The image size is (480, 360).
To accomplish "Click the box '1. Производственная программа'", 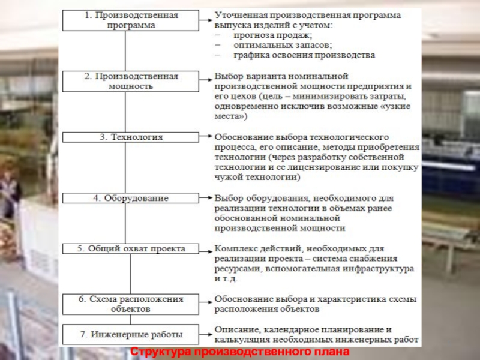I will point(130,20).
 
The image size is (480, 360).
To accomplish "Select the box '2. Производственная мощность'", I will point(130,81).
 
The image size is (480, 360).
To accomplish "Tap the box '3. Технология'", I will point(130,137).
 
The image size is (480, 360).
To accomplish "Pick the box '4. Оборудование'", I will point(130,197).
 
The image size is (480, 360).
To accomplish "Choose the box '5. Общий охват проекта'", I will point(130,248).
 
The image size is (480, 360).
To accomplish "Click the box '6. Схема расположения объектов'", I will point(130,304).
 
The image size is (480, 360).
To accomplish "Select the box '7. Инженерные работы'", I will point(130,334).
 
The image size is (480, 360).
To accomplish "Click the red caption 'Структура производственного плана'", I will point(239,352).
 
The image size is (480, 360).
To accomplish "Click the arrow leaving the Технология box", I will point(204,137).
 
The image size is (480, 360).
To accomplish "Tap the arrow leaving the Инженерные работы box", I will point(204,334).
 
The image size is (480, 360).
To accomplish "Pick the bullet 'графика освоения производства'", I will point(295,55).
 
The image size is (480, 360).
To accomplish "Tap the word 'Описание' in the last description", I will point(235,329).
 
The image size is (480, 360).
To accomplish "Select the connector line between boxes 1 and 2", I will point(125,50).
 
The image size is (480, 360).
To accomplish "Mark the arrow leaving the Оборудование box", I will point(204,197).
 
